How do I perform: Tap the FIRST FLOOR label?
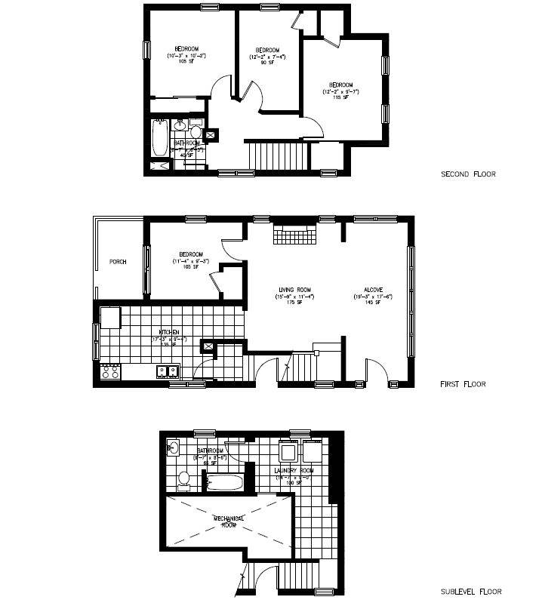point(463,384)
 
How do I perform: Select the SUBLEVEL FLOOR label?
point(470,592)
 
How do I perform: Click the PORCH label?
point(118,262)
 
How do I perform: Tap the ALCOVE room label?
point(373,289)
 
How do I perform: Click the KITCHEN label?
point(168,332)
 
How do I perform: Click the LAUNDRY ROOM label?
point(293,470)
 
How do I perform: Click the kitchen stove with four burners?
point(110,371)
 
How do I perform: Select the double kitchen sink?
point(167,371)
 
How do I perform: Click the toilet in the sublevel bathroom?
point(183,478)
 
